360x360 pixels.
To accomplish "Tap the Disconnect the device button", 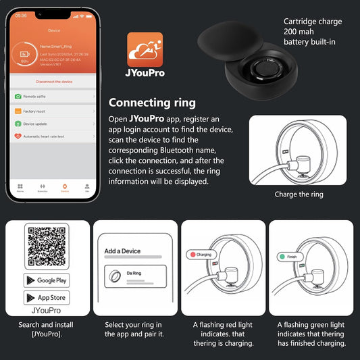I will (x=55, y=80).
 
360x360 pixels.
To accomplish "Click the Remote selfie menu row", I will (x=55, y=97).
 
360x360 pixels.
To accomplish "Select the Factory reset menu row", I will (x=55, y=110).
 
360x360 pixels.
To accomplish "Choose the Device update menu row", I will (x=55, y=124).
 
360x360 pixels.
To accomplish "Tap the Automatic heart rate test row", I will (x=55, y=137).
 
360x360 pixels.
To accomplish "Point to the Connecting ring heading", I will (x=152, y=103).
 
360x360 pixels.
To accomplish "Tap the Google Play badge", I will (x=47, y=280).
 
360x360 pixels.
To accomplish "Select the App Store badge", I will (x=47, y=297).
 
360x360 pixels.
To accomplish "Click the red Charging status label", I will (x=201, y=255).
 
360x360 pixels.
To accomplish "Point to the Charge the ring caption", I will (x=299, y=195).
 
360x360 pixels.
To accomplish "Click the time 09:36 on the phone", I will (x=21, y=15).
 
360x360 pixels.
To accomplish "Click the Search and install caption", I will (x=47, y=330).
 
